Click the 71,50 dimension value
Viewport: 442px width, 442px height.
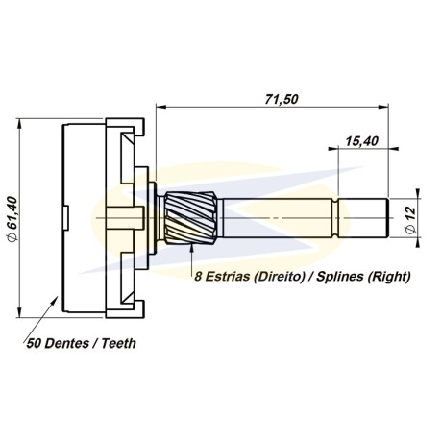click(282, 99)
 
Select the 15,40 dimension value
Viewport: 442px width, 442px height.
click(361, 141)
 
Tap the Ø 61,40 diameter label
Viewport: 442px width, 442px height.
click(13, 219)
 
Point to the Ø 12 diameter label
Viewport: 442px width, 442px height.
click(410, 220)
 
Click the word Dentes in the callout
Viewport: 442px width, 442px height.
click(66, 344)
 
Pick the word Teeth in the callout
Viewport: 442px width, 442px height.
click(119, 344)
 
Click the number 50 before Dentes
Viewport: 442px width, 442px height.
click(34, 344)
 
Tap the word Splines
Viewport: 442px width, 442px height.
click(339, 277)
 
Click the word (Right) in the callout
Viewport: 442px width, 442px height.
click(388, 277)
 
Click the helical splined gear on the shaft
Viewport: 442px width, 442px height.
click(191, 218)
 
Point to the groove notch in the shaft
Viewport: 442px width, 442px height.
click(335, 218)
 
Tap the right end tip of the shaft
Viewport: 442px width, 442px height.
click(388, 218)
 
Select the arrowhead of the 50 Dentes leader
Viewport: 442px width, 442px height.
click(55, 300)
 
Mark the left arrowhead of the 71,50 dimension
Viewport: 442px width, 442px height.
click(160, 107)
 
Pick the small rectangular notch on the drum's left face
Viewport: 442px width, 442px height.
click(66, 218)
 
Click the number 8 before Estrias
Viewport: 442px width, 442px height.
click(198, 277)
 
